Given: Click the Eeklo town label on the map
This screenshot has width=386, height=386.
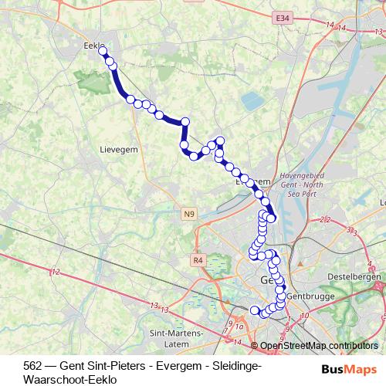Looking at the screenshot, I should [93, 46].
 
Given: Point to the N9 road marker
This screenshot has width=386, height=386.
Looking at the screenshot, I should [190, 212].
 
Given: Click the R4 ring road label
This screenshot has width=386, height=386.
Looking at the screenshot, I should [198, 260].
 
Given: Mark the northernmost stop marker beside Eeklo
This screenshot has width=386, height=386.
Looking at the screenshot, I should [103, 52].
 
